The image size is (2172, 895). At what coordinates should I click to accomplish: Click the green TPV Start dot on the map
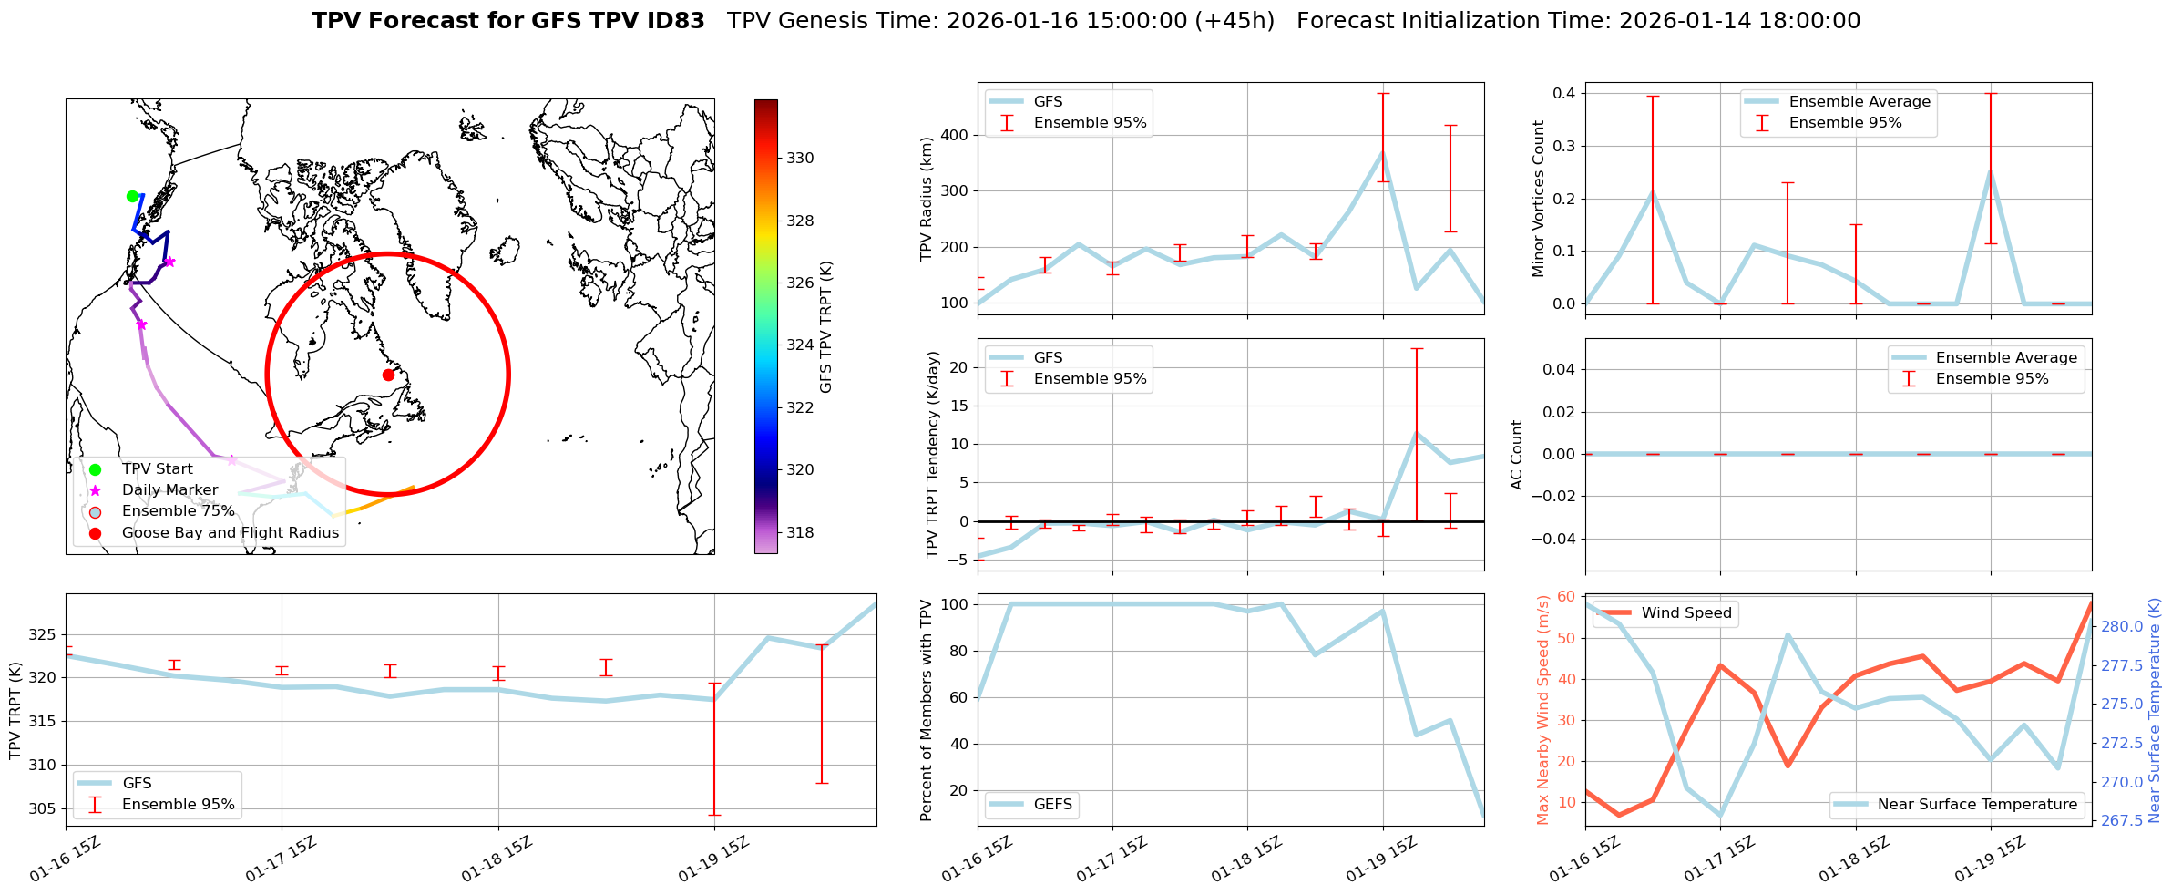[132, 196]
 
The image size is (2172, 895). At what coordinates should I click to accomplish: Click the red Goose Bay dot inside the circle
[388, 375]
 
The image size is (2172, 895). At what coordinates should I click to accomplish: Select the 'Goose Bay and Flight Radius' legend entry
[230, 532]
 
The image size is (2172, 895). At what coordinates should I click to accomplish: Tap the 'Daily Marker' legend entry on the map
[169, 489]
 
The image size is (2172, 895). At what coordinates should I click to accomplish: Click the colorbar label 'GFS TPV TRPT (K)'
[826, 327]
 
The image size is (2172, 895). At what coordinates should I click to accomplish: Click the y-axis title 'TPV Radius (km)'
[927, 199]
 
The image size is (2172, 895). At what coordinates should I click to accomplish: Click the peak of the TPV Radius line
[1382, 152]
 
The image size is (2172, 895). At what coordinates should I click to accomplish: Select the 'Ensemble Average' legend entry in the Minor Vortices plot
[1859, 101]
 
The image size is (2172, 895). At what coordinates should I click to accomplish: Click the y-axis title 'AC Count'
[1517, 454]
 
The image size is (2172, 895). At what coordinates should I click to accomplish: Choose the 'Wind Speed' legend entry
[1685, 612]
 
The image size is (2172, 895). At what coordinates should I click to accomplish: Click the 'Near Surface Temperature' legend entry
[1977, 804]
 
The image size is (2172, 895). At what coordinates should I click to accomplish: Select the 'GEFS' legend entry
[1052, 804]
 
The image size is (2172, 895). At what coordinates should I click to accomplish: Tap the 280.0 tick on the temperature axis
[2122, 626]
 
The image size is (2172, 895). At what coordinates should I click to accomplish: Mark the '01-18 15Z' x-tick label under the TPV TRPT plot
[496, 860]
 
